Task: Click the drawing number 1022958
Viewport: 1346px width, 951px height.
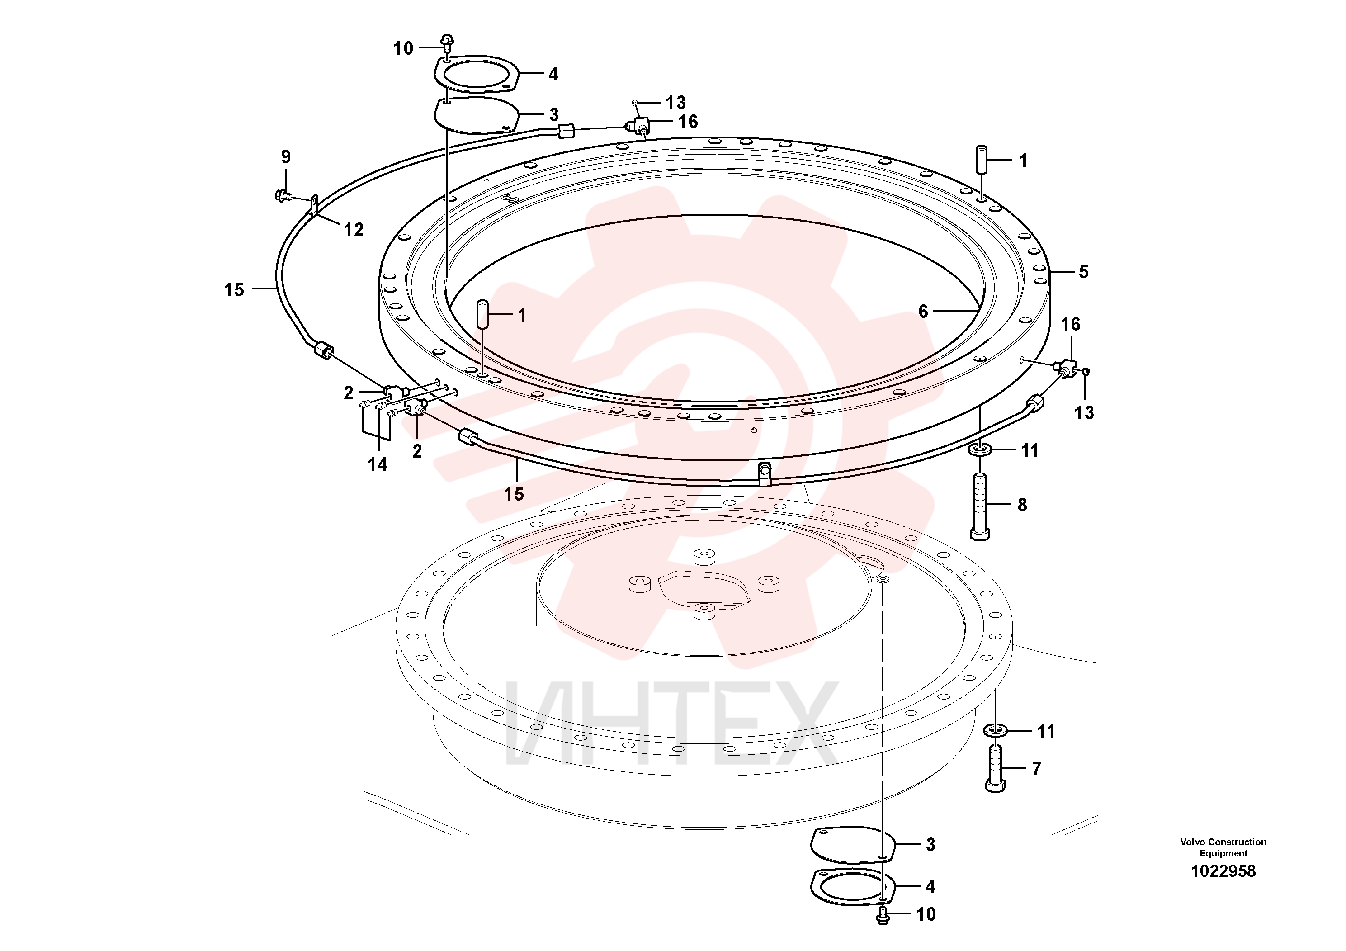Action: tap(1223, 871)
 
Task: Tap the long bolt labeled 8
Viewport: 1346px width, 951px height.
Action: tap(980, 506)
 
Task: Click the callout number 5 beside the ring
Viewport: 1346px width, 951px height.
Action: tap(1083, 272)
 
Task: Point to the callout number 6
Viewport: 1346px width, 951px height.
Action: tap(923, 311)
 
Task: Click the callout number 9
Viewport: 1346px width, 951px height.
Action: tap(285, 156)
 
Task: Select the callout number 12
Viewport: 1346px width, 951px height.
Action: tap(354, 229)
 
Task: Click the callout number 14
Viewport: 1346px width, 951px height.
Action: tap(378, 464)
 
